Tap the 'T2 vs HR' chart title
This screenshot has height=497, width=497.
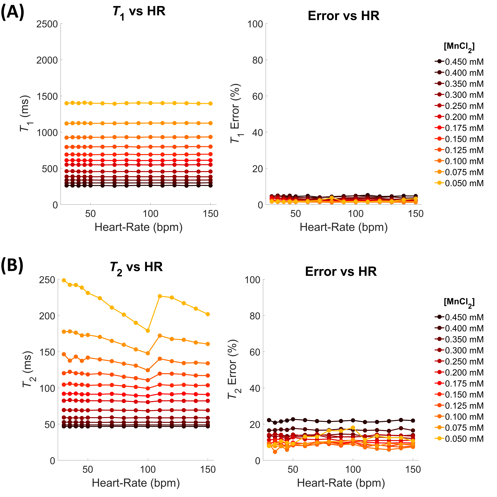(136, 268)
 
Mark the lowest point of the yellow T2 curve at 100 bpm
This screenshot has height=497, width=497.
(148, 331)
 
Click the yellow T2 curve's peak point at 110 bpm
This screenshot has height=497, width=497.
(160, 296)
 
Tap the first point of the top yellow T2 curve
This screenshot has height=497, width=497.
(64, 280)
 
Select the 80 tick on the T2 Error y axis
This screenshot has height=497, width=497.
(255, 316)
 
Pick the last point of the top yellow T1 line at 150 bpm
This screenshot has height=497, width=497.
(210, 103)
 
